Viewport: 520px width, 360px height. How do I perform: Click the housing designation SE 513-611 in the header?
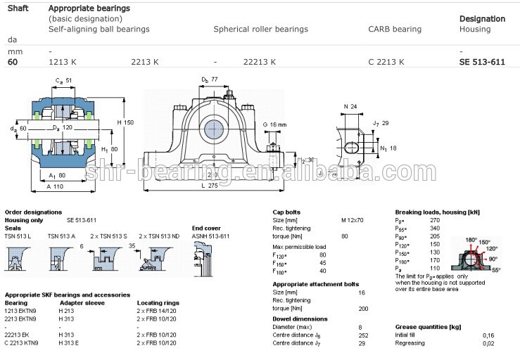click(482, 62)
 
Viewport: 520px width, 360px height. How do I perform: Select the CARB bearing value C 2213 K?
click(386, 62)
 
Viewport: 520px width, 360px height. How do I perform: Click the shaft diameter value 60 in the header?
click(13, 62)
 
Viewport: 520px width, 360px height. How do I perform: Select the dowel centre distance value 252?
click(343, 335)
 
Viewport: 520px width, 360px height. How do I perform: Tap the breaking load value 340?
click(434, 228)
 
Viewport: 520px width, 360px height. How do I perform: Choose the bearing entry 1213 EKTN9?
click(24, 310)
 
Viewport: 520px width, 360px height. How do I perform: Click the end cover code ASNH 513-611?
click(210, 236)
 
